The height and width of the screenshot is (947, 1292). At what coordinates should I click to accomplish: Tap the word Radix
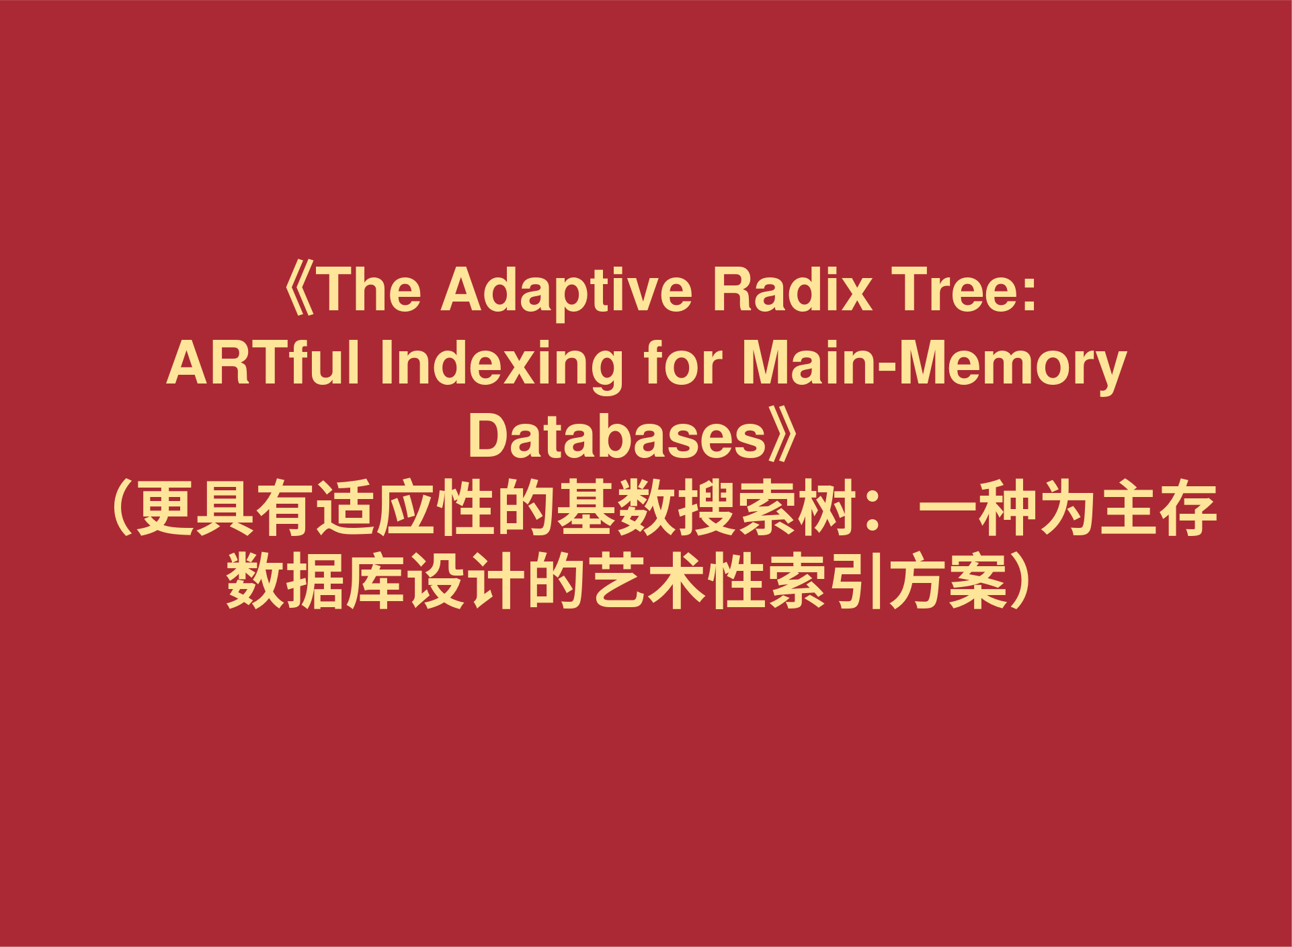(793, 290)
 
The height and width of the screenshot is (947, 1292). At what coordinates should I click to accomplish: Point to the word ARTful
(263, 364)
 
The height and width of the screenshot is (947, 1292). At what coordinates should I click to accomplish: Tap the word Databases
(617, 437)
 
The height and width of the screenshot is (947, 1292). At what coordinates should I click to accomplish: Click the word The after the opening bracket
(370, 290)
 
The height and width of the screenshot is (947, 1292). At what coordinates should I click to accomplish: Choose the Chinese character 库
(376, 580)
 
